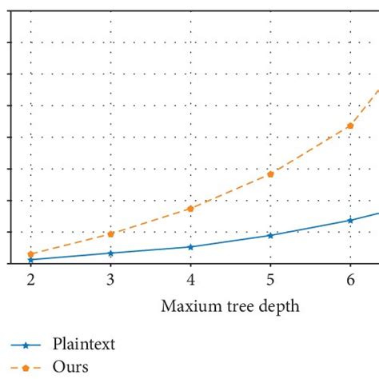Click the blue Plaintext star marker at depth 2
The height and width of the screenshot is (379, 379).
30,260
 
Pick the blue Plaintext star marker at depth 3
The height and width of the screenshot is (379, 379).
110,253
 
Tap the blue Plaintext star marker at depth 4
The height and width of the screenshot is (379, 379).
190,246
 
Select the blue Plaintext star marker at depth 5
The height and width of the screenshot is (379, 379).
270,235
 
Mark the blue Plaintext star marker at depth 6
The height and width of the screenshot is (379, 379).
350,220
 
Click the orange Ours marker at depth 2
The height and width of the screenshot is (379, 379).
30,254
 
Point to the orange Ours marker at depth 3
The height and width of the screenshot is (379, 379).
110,233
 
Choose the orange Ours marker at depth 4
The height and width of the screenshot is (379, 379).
190,208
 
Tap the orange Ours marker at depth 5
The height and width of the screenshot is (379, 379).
270,174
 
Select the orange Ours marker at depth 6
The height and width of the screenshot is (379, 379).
350,126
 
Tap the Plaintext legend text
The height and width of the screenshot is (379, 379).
84,345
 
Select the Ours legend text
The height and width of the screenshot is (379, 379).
70,367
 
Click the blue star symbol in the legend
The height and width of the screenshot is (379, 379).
26,345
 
